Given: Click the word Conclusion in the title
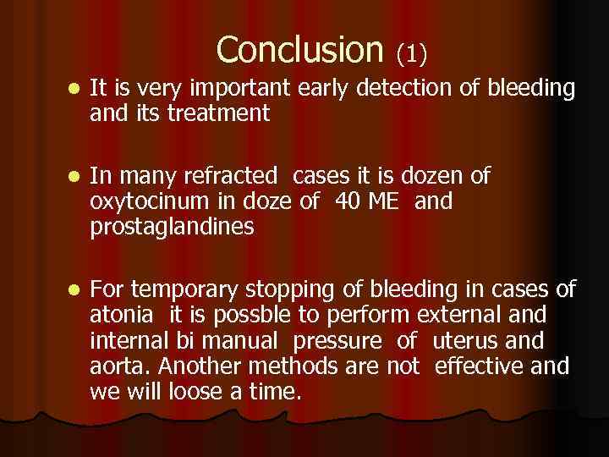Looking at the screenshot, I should pos(299,51).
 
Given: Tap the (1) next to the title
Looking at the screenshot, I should pos(412,55).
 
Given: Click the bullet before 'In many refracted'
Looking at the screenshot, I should pos(75,177).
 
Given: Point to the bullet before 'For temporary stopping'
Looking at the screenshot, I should pos(75,290).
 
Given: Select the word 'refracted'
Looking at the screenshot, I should pos(228,176).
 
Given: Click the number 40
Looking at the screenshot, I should pos(348,201).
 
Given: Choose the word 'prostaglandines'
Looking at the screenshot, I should pos(172,228).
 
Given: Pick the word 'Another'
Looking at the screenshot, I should pos(200,367).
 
